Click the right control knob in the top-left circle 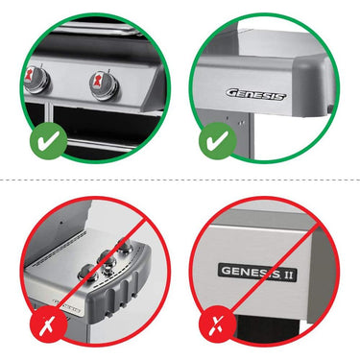tap(105, 84)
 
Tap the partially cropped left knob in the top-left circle tap(36, 80)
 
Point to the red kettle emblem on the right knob tap(97, 82)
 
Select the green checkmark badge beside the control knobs tap(48, 140)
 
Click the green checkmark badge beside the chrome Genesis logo tap(218, 140)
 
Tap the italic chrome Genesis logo tap(256, 95)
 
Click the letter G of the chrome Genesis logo tap(232, 93)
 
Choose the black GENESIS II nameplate tap(257, 273)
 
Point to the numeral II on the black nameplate tap(289, 275)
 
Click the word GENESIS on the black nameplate tap(251, 273)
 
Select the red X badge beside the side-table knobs tap(48, 324)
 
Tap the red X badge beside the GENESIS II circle tap(218, 324)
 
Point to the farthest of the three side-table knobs tap(125, 246)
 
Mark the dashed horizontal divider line tap(180, 180)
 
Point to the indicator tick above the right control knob tap(108, 70)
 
